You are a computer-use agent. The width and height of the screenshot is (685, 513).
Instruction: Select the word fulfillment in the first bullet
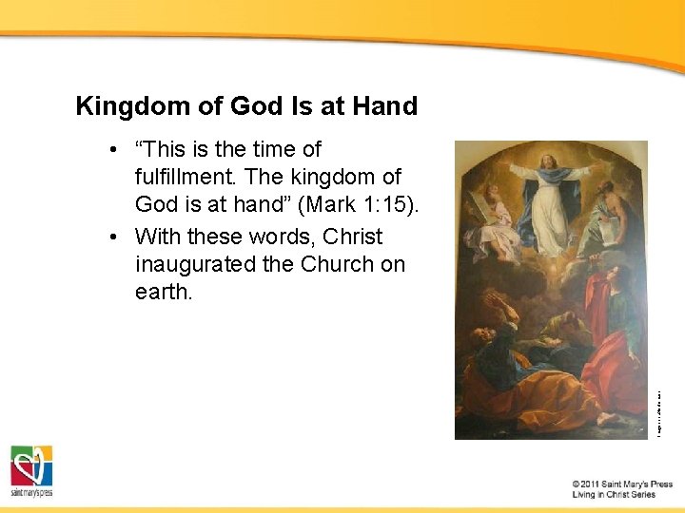[193, 177]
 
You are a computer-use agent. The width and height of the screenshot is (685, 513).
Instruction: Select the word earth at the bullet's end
[164, 292]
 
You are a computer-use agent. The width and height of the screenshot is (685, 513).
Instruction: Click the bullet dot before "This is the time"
[113, 150]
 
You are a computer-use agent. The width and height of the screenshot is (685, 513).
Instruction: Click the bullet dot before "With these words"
[113, 237]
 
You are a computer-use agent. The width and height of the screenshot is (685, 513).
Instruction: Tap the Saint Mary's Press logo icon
[31, 466]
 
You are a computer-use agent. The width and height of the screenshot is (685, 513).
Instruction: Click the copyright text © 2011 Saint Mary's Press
[622, 484]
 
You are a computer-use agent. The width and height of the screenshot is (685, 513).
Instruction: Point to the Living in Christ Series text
[614, 495]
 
